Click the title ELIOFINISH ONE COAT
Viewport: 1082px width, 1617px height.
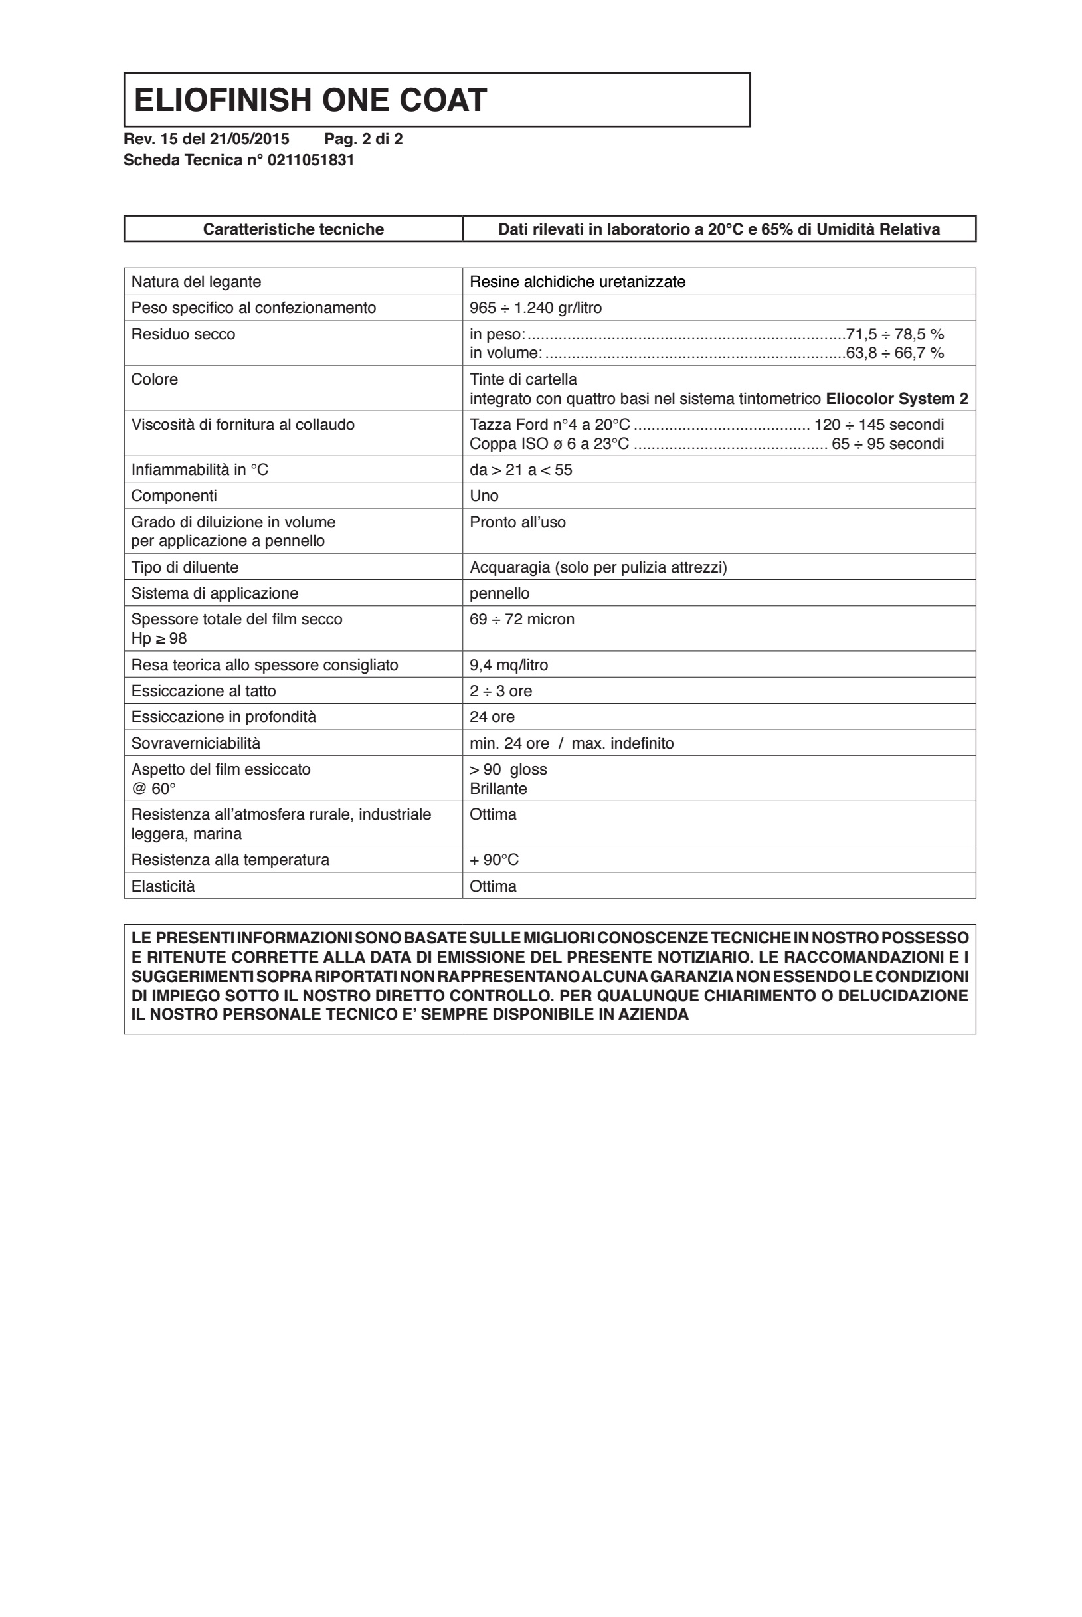tap(311, 100)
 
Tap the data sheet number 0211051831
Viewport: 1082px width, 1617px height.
tap(311, 160)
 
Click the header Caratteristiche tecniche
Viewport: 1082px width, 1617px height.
tap(294, 229)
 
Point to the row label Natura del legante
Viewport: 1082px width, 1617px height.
tap(196, 282)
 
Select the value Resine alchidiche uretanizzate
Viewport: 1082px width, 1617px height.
tap(578, 282)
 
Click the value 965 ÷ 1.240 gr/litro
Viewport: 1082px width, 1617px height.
tap(535, 308)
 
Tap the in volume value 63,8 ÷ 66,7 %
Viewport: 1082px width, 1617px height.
tap(895, 353)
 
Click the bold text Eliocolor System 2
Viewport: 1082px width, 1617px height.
tap(897, 399)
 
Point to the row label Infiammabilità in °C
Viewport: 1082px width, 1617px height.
tap(199, 470)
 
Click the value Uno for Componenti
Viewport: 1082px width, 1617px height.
tap(484, 496)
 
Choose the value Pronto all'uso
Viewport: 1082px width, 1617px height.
tap(517, 522)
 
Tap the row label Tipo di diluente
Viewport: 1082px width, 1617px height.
tap(185, 567)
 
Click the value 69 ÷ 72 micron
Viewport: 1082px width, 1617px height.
tap(521, 619)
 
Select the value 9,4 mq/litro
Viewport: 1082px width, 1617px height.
tap(509, 665)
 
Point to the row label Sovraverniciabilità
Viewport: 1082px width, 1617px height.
tap(196, 743)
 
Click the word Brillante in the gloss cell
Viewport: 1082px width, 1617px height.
tap(498, 789)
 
